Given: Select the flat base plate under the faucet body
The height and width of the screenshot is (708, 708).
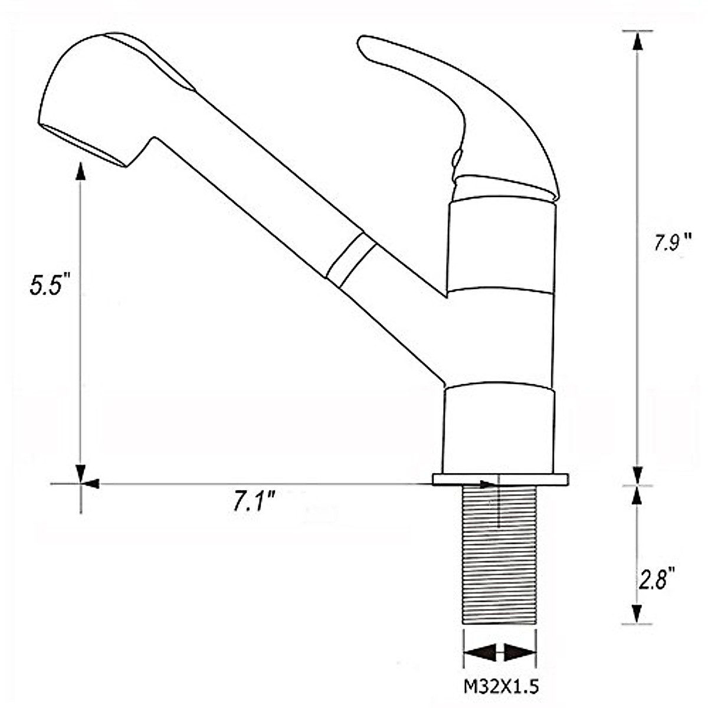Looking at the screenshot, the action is [500, 480].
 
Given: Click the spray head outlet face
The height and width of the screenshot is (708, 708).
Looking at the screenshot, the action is [84, 145].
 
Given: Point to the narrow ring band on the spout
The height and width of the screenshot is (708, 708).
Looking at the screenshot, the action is [351, 260].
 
